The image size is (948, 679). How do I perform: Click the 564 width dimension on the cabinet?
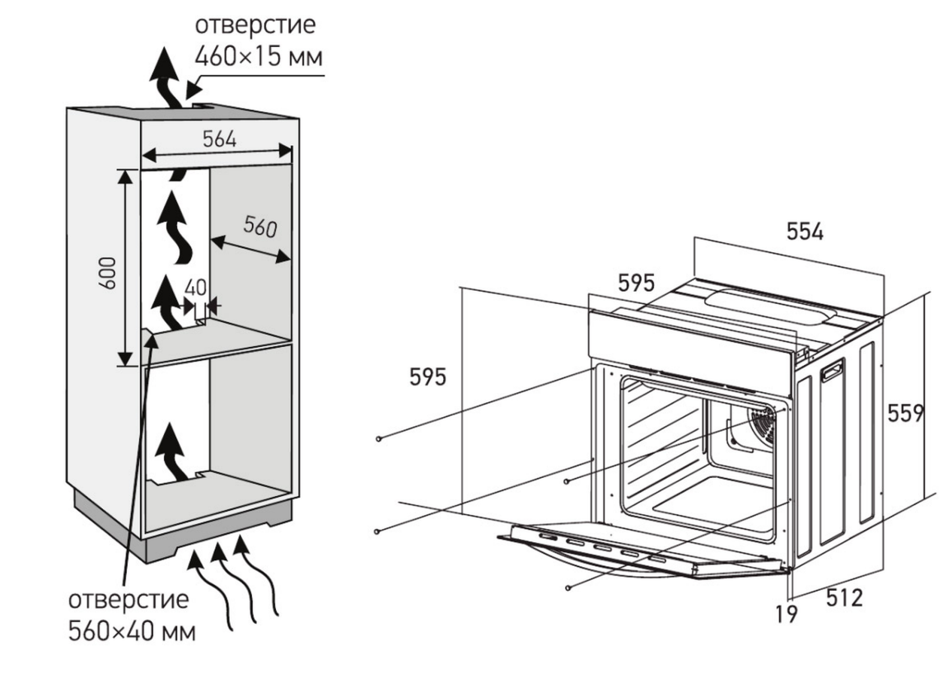click(x=218, y=140)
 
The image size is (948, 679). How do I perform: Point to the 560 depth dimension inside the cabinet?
click(x=258, y=227)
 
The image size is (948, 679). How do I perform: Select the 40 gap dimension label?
click(x=195, y=289)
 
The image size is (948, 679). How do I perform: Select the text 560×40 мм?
click(x=132, y=634)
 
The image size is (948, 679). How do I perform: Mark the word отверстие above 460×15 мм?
click(x=254, y=26)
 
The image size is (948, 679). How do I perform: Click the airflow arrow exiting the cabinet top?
click(x=165, y=78)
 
